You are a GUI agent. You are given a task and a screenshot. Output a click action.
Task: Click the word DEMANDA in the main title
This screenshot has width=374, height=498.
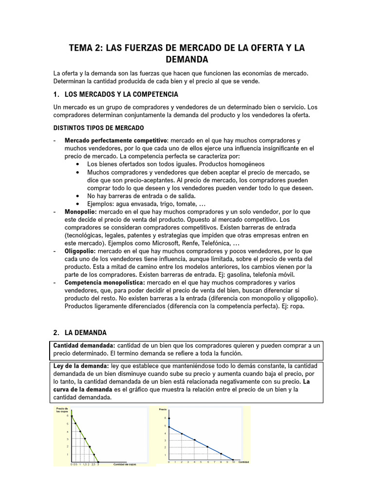pyautogui.click(x=187, y=60)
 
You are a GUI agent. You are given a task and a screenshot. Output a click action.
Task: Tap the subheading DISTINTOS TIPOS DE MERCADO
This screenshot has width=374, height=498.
pyautogui.click(x=98, y=128)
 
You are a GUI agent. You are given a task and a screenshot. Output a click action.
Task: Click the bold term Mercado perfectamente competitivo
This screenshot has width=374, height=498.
pyautogui.click(x=116, y=141)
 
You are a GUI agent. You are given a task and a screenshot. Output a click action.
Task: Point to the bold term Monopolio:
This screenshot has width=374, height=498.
pyautogui.click(x=81, y=212)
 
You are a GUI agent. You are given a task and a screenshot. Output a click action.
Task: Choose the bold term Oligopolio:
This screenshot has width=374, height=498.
pyautogui.click(x=81, y=251)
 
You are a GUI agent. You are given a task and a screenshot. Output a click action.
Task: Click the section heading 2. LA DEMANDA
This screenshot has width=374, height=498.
pyautogui.click(x=80, y=333)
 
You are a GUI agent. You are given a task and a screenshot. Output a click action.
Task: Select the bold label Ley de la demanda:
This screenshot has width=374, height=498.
pyautogui.click(x=80, y=366)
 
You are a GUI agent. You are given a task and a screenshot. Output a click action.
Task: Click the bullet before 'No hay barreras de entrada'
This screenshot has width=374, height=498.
pyautogui.click(x=78, y=196)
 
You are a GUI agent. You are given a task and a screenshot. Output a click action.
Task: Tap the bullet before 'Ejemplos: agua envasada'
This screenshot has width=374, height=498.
pyautogui.click(x=78, y=204)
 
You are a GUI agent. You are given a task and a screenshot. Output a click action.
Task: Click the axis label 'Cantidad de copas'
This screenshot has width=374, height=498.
pyautogui.click(x=125, y=464)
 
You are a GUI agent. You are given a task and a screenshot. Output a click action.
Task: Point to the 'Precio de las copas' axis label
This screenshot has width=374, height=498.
pyautogui.click(x=62, y=409)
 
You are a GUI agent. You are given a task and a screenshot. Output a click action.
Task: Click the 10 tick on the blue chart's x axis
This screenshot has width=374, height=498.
pyautogui.click(x=233, y=462)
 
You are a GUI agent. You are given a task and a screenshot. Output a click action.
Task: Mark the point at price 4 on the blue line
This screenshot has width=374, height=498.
pyautogui.click(x=182, y=434)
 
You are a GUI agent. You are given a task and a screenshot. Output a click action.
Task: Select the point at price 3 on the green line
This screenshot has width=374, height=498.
pyautogui.click(x=85, y=439)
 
